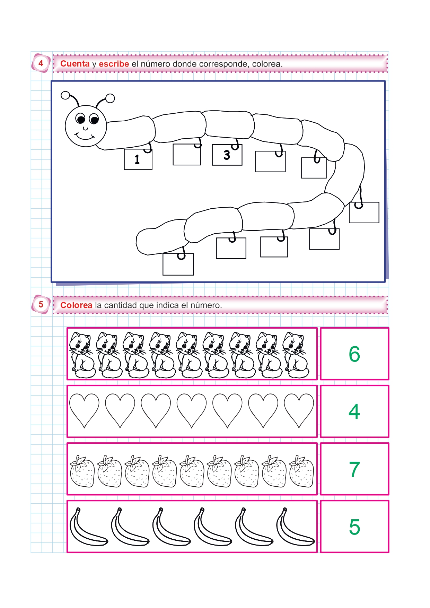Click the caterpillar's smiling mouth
click(x=84, y=136)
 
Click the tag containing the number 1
click(x=138, y=159)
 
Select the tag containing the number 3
click(x=227, y=155)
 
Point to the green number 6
click(x=354, y=354)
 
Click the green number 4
click(x=354, y=411)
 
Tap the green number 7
click(x=354, y=469)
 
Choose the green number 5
click(x=354, y=527)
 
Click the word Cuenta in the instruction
click(x=75, y=64)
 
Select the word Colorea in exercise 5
click(x=76, y=305)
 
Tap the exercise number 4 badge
click(x=41, y=63)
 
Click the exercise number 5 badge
click(x=41, y=305)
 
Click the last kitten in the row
click(x=296, y=355)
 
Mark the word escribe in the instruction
click(x=114, y=64)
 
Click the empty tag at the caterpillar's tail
click(x=178, y=264)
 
